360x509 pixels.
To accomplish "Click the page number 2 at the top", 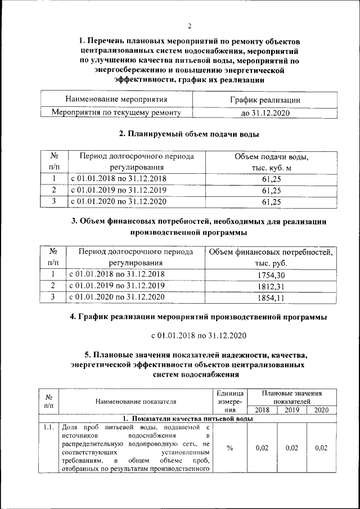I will click(190, 26).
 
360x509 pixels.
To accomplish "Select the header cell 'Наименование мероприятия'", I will click(116, 100).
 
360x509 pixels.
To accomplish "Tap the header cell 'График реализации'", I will click(264, 100).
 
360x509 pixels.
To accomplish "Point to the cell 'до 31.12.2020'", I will click(264, 113).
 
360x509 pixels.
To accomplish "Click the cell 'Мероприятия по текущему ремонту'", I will click(116, 113).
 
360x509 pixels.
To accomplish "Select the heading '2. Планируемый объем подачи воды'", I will click(189, 135).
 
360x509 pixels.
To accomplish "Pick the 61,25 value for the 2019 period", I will click(271, 190).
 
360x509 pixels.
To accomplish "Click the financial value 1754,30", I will click(271, 274).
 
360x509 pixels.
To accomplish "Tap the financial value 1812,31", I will click(271, 286).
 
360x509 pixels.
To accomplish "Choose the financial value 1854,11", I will click(271, 297).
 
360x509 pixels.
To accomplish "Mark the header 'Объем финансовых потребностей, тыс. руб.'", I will click(271, 257).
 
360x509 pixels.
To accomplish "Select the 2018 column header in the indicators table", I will click(262, 410).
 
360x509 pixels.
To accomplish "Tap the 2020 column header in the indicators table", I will click(321, 410).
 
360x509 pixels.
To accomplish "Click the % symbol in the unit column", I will click(229, 448).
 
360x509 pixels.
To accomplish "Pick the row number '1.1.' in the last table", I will click(48, 428).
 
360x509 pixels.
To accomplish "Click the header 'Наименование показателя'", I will click(136, 402).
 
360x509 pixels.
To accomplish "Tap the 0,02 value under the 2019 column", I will click(291, 448).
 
